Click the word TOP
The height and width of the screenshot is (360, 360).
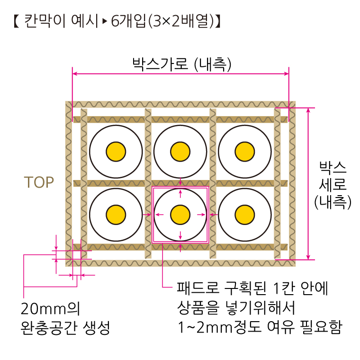coord(39,182)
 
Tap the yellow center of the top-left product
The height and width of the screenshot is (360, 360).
coord(116,152)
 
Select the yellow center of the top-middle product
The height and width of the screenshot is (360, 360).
coord(180,152)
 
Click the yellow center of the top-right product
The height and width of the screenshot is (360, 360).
coord(245,152)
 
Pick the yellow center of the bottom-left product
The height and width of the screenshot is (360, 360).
coord(116,215)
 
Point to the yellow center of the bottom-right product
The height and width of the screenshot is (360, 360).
coord(245,215)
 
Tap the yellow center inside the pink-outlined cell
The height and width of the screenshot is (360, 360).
coord(180,215)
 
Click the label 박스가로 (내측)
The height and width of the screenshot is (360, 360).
coord(182,64)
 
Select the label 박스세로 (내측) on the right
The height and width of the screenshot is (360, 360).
coord(333,186)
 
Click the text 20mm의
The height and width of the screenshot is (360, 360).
coord(51,309)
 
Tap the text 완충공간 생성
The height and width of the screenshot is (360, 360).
coord(65,328)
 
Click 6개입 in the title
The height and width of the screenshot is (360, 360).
coord(128,21)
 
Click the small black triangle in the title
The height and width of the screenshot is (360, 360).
coord(105,21)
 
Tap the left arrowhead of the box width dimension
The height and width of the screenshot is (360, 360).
coord(75,74)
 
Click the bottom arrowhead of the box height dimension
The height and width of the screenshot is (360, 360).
coord(308,257)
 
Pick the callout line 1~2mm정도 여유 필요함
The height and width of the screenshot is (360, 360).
coord(261,327)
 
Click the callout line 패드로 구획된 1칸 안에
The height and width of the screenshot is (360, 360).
coord(252,288)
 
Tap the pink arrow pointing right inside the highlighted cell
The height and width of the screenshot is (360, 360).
coord(201,215)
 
